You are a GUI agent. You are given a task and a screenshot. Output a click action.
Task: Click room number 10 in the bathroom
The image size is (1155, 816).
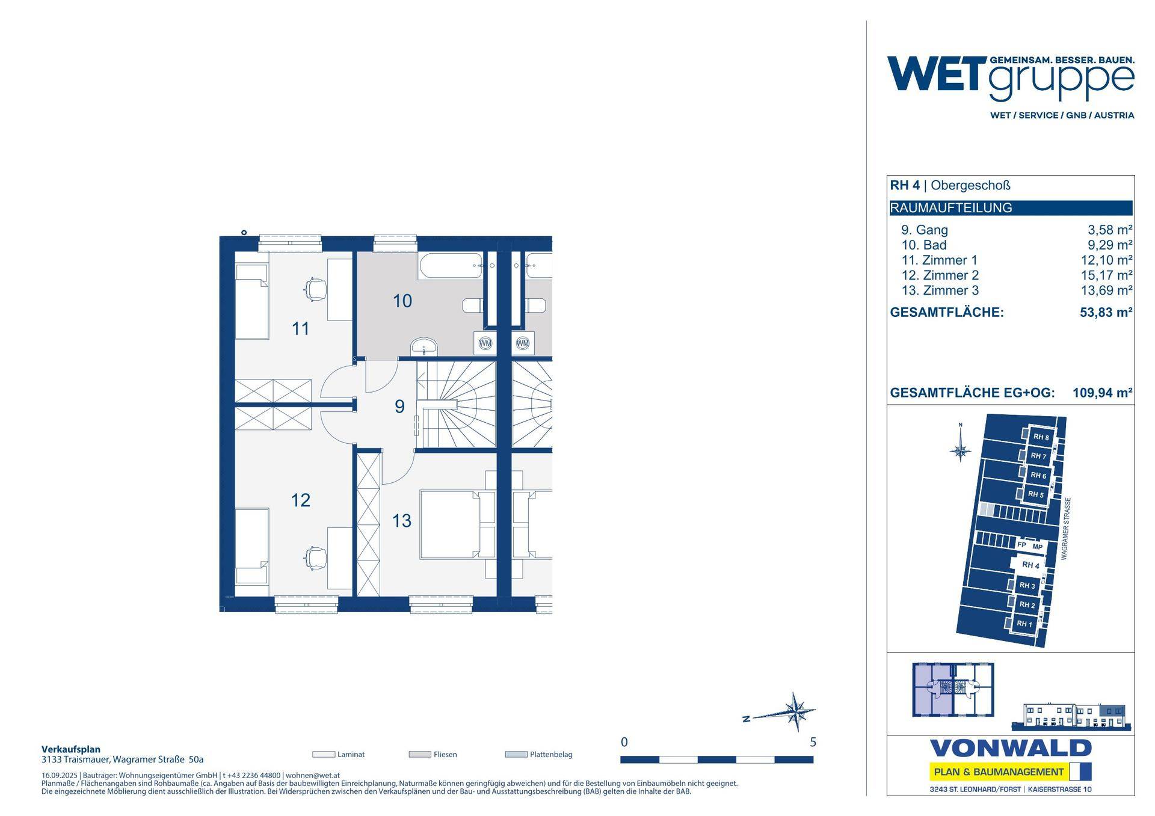[x=402, y=301]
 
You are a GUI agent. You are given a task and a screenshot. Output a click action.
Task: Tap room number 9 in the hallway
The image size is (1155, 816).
[x=399, y=406]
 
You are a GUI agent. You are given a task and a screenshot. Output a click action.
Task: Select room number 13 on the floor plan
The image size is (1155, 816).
[x=402, y=520]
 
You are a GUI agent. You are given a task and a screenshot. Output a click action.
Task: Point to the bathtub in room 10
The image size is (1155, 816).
[x=449, y=266]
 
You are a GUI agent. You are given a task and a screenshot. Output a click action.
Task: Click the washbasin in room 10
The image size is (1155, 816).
[x=425, y=348]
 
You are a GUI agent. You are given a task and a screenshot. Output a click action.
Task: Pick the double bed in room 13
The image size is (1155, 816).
[x=457, y=524]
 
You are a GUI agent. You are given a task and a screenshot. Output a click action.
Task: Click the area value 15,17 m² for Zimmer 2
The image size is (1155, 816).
[x=1107, y=275]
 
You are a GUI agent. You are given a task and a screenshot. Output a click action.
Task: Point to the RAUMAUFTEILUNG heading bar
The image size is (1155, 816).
[x=1011, y=208]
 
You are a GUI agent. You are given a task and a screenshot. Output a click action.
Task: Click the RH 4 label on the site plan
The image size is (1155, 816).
[x=1030, y=565]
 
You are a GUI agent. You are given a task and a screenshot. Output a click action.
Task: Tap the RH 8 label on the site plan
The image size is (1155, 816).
[x=1041, y=437]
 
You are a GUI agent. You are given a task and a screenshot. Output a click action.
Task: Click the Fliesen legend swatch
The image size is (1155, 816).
[x=420, y=754]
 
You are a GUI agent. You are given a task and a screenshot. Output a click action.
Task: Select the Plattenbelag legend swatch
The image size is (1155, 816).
[x=516, y=754]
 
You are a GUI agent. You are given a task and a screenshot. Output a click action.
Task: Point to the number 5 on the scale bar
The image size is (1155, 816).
[x=813, y=742]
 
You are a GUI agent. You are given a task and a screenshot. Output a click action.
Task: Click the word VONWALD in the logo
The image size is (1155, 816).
[x=1011, y=749]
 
